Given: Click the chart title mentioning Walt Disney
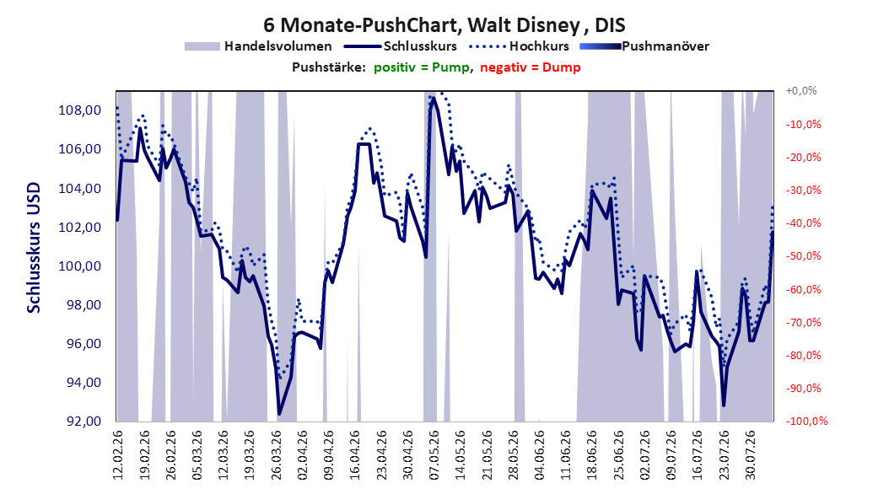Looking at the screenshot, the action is point(444,25).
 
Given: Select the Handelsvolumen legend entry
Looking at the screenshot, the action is point(258,46).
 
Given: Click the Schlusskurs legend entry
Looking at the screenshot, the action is point(401,46).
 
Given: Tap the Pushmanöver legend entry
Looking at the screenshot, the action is point(644,46).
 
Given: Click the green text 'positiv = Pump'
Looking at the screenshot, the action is point(422,67).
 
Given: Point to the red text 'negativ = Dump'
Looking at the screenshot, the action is point(531,67).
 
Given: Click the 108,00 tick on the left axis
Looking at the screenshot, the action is point(80,110).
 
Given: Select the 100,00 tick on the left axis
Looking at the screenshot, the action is point(80,266).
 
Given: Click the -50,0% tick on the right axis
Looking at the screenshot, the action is point(803,256).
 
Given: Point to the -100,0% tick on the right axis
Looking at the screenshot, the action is point(805,422).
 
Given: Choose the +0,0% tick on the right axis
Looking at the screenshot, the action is point(801,91).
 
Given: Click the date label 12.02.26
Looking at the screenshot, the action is point(118,455).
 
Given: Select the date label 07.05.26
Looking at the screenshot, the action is point(434,455).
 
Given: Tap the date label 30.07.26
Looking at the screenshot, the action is point(751,455).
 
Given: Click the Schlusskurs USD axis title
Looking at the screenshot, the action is point(34,247).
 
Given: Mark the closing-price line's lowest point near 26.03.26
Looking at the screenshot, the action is point(279,414).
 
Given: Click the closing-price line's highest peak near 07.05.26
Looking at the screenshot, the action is point(434,98).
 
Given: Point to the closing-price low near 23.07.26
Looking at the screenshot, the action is point(724,405).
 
